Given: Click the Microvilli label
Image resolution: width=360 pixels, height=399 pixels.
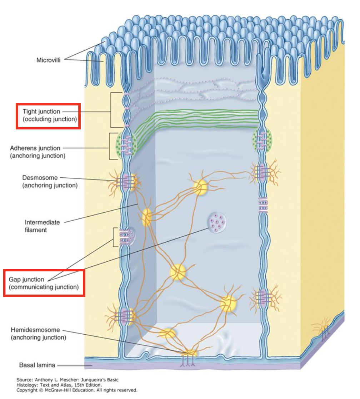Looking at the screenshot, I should click(x=48, y=60).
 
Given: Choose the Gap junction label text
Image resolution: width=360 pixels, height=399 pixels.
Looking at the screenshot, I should click(x=26, y=279).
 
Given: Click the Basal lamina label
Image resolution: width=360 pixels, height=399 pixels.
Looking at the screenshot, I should click(x=37, y=365).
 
